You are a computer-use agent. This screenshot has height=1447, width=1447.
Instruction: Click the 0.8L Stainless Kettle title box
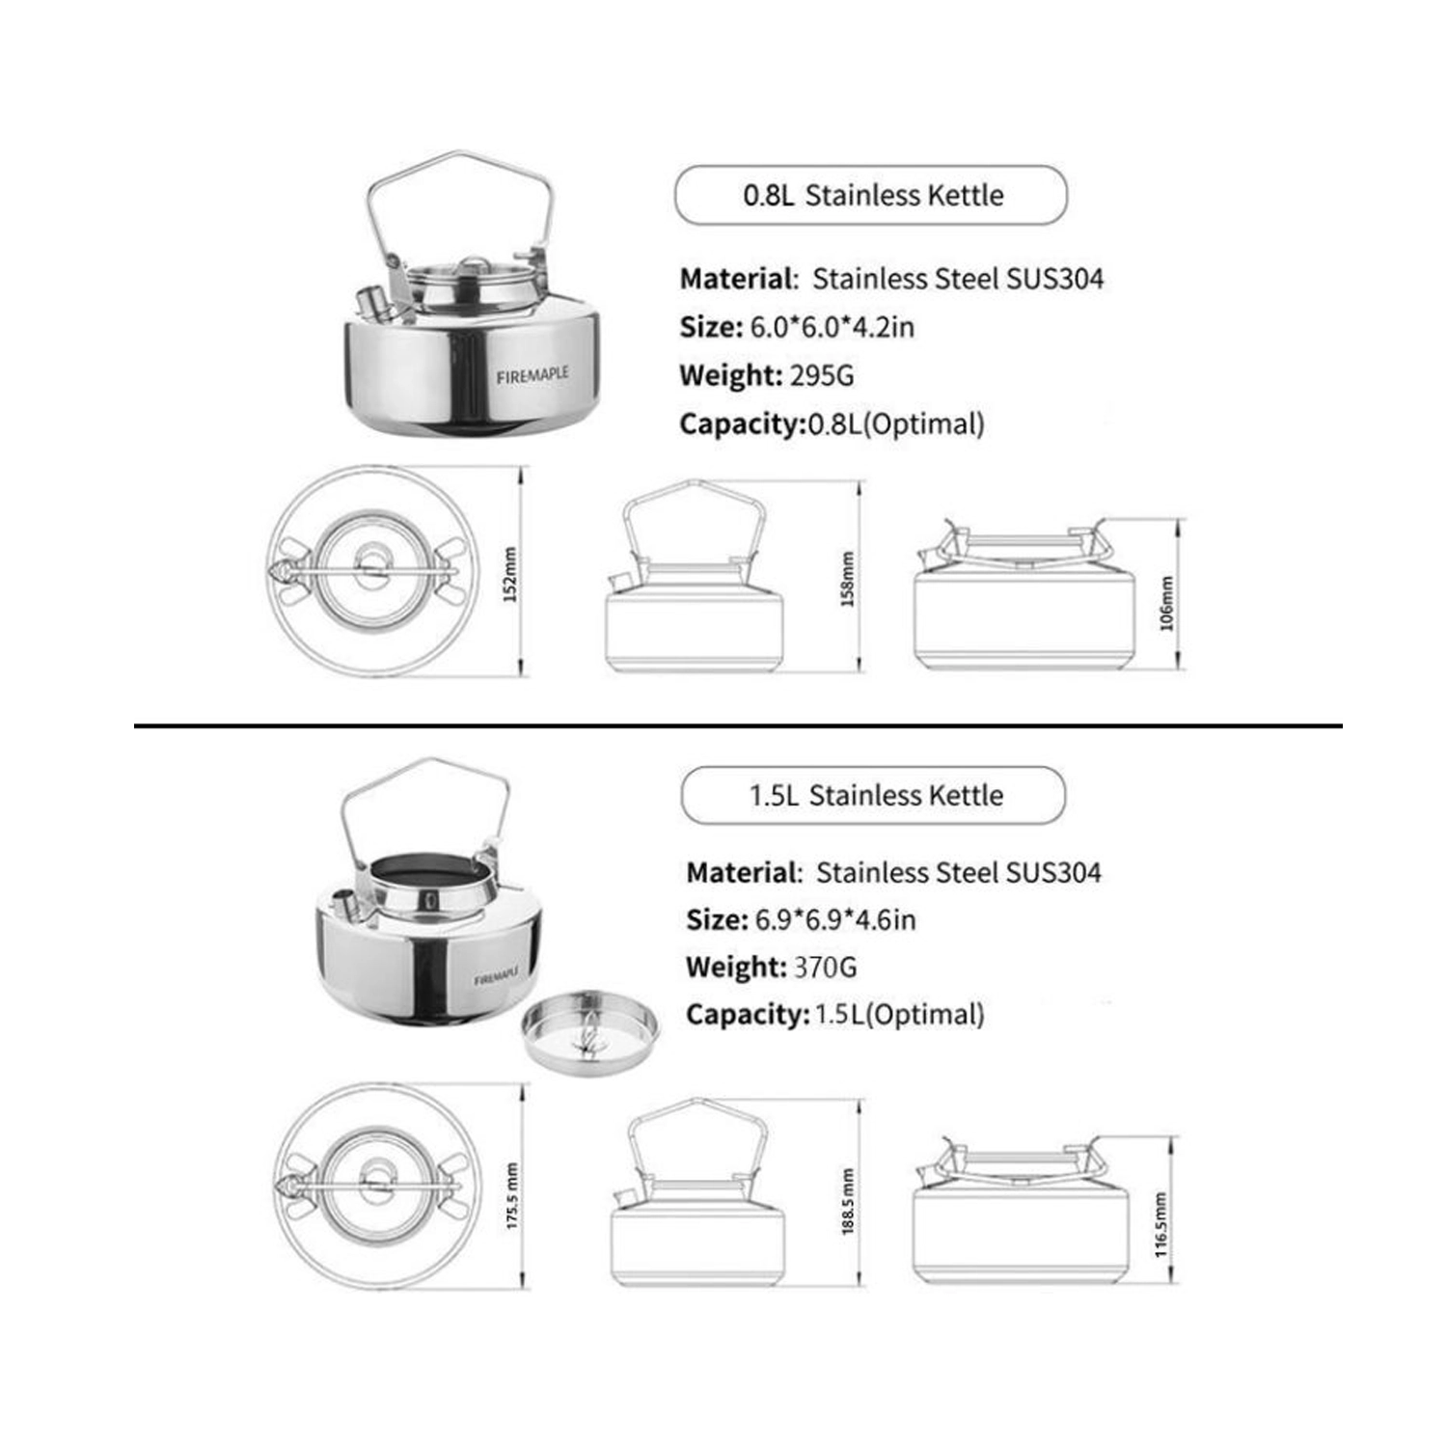(x=871, y=196)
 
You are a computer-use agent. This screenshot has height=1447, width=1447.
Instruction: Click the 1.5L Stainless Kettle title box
(x=874, y=796)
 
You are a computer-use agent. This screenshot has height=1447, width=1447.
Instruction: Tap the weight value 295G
(x=822, y=375)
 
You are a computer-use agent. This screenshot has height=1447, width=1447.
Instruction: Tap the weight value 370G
(x=825, y=967)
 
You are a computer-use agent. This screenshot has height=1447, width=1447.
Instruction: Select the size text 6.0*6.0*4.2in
(x=832, y=327)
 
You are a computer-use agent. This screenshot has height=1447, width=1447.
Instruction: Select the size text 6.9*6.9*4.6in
(x=835, y=919)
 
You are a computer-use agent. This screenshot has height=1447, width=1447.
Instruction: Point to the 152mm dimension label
(x=511, y=574)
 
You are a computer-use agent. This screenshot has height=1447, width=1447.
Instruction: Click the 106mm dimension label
(x=1167, y=603)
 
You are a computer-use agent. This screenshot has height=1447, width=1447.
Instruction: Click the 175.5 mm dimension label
(x=512, y=1195)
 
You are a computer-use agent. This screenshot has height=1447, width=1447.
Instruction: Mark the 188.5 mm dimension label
(x=848, y=1201)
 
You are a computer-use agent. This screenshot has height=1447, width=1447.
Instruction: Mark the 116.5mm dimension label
(x=1161, y=1225)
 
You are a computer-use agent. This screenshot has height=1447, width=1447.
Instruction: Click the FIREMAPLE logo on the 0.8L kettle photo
(x=532, y=374)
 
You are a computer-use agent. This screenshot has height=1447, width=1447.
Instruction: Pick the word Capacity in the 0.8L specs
(x=742, y=423)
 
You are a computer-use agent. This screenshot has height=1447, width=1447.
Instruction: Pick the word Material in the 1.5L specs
(x=740, y=872)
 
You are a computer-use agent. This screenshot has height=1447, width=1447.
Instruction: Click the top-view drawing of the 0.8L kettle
(x=372, y=571)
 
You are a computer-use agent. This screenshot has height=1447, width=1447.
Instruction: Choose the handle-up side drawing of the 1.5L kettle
(x=696, y=1196)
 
